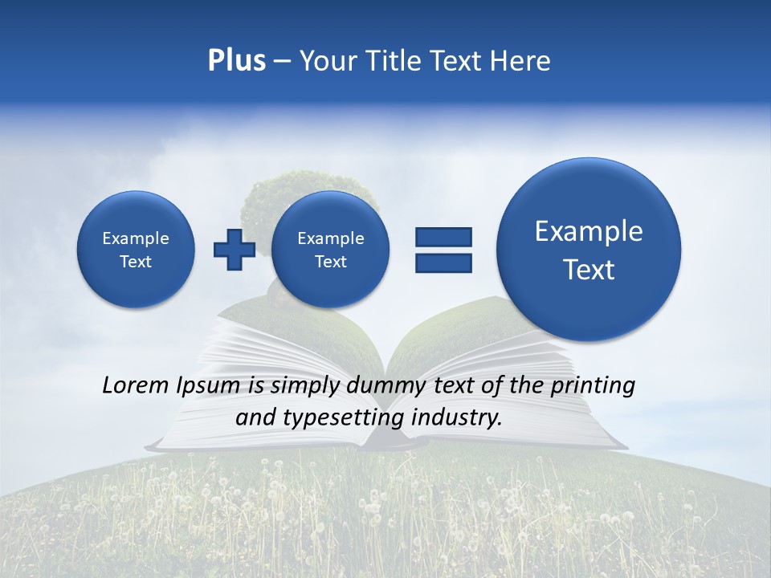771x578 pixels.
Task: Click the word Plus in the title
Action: [236, 61]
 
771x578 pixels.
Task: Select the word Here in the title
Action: [520, 61]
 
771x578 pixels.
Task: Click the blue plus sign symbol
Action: [234, 249]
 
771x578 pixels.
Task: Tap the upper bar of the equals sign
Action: [443, 237]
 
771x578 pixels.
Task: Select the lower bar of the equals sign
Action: [443, 263]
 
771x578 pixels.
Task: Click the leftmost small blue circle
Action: [136, 250]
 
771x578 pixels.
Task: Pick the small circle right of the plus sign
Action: [331, 250]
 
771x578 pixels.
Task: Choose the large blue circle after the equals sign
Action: [589, 250]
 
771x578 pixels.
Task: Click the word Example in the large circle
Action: [589, 231]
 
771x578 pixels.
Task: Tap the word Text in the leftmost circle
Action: [136, 262]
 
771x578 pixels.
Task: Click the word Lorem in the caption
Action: [137, 385]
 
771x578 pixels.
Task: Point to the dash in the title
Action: [282, 62]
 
